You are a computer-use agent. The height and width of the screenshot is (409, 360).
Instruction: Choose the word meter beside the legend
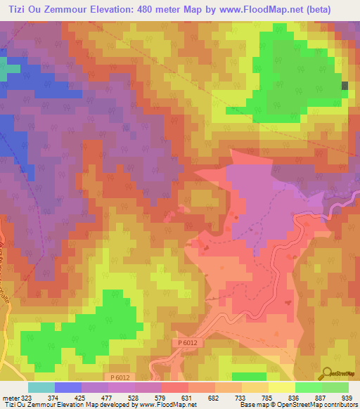(x=10, y=398)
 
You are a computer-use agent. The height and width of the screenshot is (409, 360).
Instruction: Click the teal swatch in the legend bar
(x=41, y=387)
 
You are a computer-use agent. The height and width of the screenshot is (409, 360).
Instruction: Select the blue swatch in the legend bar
(x=68, y=387)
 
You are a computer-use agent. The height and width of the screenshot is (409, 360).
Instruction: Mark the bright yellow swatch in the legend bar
(x=281, y=387)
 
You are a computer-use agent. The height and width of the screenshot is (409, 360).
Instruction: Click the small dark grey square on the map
(x=345, y=86)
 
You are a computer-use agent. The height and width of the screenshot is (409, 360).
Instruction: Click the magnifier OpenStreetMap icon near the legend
(x=327, y=372)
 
